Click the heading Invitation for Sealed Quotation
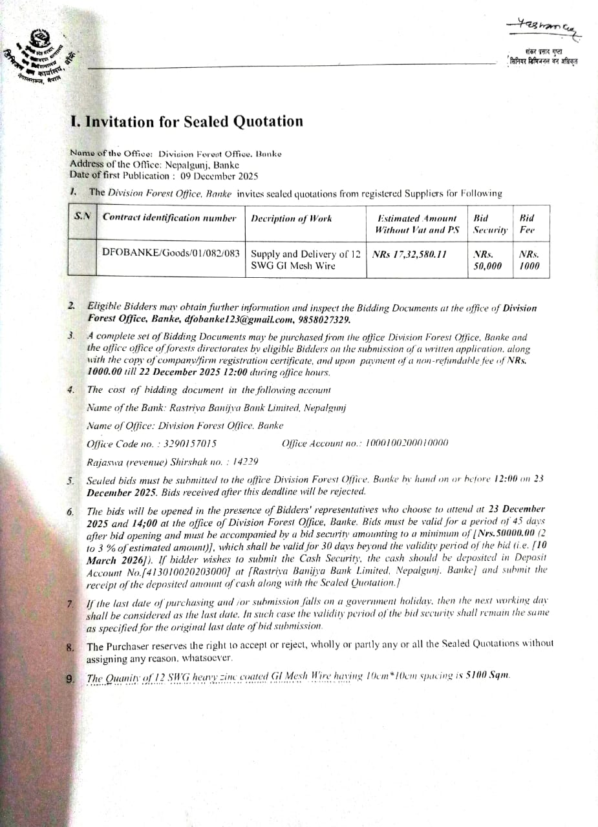(186, 122)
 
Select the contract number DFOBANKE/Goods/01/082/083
(171, 251)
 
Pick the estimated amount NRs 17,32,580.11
(410, 254)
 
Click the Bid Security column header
(490, 224)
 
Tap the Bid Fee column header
(527, 224)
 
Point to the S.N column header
(82, 218)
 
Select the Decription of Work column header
(291, 218)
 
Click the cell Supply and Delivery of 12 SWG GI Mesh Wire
(304, 259)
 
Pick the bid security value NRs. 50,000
(487, 259)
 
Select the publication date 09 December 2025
(219, 176)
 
